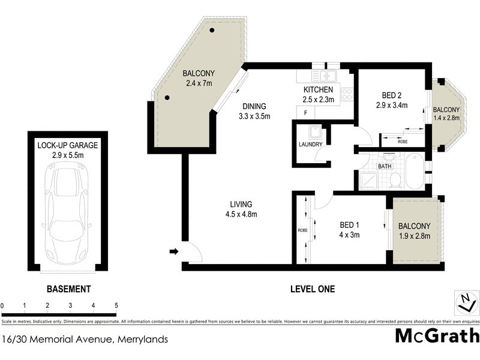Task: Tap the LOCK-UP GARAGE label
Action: pyautogui.click(x=67, y=145)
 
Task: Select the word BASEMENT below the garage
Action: pyautogui.click(x=68, y=289)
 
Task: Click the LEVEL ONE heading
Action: pyautogui.click(x=312, y=289)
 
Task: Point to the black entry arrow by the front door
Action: pyautogui.click(x=174, y=251)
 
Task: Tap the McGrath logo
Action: pyautogui.click(x=436, y=335)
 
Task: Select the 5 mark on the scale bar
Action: pyautogui.click(x=116, y=305)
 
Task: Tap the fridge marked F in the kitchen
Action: pyautogui.click(x=306, y=113)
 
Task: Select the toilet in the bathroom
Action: pyautogui.click(x=395, y=179)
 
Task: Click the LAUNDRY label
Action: pyautogui.click(x=310, y=145)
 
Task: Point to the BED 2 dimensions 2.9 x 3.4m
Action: pyautogui.click(x=395, y=106)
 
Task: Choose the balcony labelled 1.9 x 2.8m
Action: pyautogui.click(x=414, y=231)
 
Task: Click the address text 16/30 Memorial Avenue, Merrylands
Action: pyautogui.click(x=85, y=340)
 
